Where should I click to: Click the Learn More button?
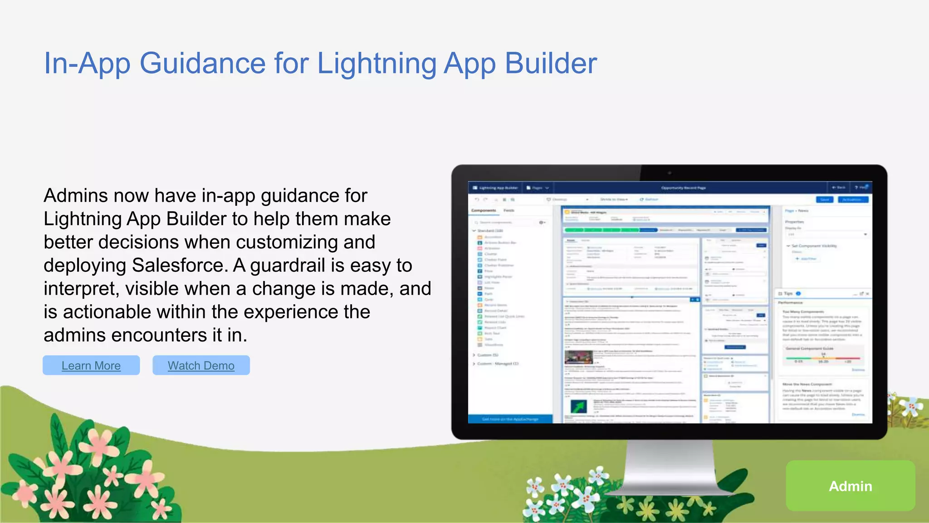[x=91, y=365]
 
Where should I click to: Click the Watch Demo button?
[x=201, y=365]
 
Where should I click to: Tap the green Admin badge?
[x=850, y=486]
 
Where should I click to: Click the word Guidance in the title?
[x=202, y=63]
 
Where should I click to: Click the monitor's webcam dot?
[x=669, y=173]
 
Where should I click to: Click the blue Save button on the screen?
[x=824, y=200]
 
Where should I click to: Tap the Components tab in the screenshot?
[x=484, y=211]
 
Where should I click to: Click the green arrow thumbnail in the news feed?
[x=578, y=406]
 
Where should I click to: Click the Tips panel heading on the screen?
[x=788, y=294]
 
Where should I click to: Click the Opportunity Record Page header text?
[x=683, y=188]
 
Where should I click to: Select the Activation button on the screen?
[x=853, y=200]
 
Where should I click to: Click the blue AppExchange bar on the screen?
[x=510, y=419]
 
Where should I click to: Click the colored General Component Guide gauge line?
[x=823, y=358]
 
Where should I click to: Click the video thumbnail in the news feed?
[x=578, y=357]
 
